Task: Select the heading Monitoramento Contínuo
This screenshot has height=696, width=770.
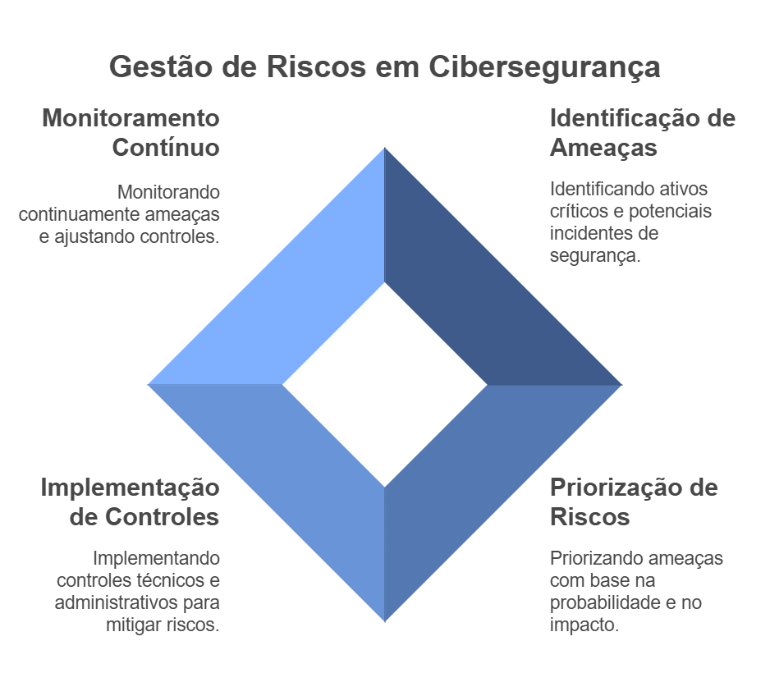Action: click(x=131, y=133)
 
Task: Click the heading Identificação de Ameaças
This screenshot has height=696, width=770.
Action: click(x=642, y=133)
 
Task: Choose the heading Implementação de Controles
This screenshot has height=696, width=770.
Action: click(x=131, y=502)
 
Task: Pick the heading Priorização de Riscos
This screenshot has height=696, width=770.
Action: click(x=633, y=502)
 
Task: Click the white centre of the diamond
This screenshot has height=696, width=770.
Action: click(x=385, y=384)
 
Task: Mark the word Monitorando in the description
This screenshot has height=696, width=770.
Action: click(x=168, y=193)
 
